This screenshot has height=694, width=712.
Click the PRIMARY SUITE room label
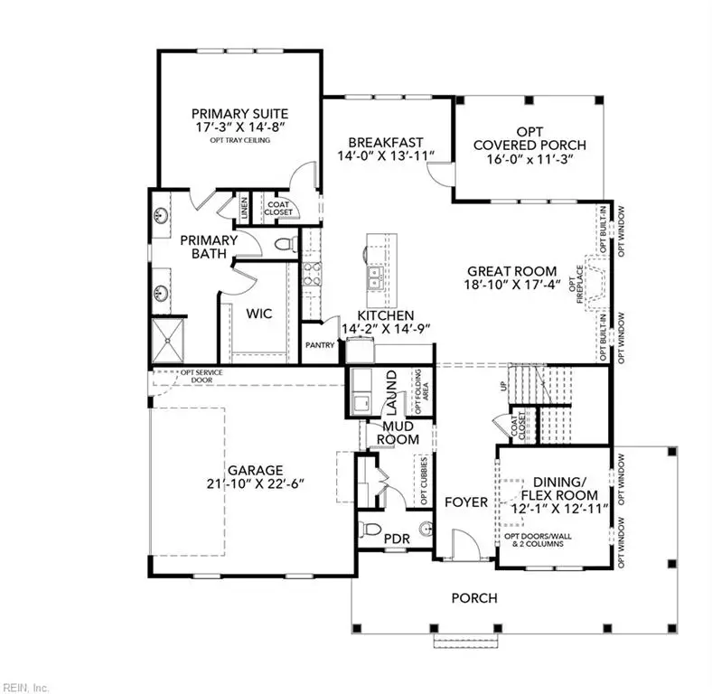coord(239,113)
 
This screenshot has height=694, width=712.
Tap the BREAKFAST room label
coord(387,142)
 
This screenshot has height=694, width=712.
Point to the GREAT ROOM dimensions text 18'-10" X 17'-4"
coord(514,284)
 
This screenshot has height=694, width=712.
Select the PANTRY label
coord(320,345)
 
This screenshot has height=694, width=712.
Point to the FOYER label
coord(466,502)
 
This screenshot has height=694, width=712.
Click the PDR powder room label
coord(396,539)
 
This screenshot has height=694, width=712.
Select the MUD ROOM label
coord(400,433)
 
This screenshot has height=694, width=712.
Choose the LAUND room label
coord(392,387)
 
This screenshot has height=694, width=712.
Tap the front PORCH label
coord(473,597)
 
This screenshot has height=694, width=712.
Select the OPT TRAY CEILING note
coord(239,141)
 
